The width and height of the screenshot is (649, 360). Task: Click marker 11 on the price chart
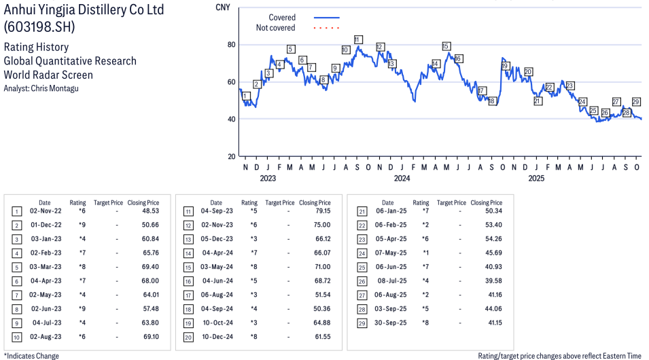[x=357, y=39]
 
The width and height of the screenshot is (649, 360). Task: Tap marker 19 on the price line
[x=505, y=66]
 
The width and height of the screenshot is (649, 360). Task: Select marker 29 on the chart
[x=636, y=102]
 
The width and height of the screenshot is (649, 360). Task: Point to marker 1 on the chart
[x=245, y=96]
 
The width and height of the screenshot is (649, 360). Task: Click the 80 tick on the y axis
[x=231, y=45]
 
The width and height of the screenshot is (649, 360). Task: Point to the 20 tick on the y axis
[x=231, y=156]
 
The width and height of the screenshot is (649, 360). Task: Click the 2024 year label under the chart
[x=402, y=179]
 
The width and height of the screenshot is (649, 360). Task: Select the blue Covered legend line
[x=327, y=18]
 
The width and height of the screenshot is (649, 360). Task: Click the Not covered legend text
[x=275, y=28]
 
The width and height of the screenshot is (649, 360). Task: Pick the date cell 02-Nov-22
[x=46, y=211]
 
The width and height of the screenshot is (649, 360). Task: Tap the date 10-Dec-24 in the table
[x=217, y=337]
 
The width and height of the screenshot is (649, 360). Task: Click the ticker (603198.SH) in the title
[x=39, y=28]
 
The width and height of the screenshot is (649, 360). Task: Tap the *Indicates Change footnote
[x=31, y=355]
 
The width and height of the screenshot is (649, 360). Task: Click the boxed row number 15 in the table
[x=188, y=267]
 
